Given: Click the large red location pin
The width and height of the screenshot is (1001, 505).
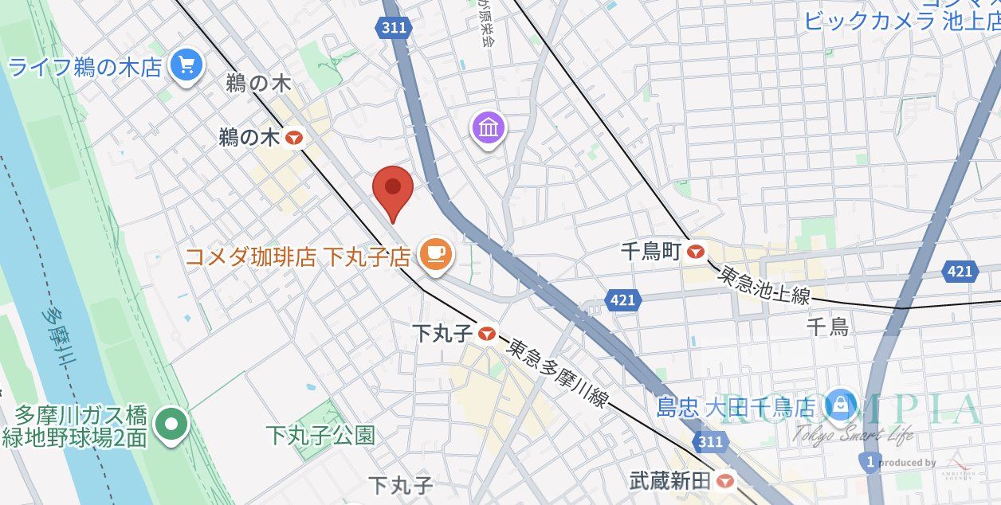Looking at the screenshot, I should pos(393,190).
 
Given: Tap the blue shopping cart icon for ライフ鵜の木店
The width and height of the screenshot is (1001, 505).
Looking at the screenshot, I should pos(186,65).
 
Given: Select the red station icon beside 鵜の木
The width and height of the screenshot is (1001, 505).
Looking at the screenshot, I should pos(295,139).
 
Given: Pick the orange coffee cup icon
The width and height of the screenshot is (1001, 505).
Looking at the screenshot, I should pos(434,255).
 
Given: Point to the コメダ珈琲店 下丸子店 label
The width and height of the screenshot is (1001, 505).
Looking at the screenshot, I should pos(297,256).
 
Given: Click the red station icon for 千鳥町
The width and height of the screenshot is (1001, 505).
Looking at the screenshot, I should pos(697,252).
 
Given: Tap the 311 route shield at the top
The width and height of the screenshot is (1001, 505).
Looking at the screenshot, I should pos(394,28).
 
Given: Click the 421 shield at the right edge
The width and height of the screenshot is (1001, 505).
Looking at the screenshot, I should pos(960,272).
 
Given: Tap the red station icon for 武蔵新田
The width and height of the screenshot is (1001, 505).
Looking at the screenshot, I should pos(724,480).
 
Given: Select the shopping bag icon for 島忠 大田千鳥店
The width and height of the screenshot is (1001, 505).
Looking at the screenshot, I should pos(840,405).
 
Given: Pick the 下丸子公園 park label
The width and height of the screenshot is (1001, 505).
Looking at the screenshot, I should pos(320,435).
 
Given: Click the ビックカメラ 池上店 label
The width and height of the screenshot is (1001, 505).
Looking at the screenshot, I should pos(901,21).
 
